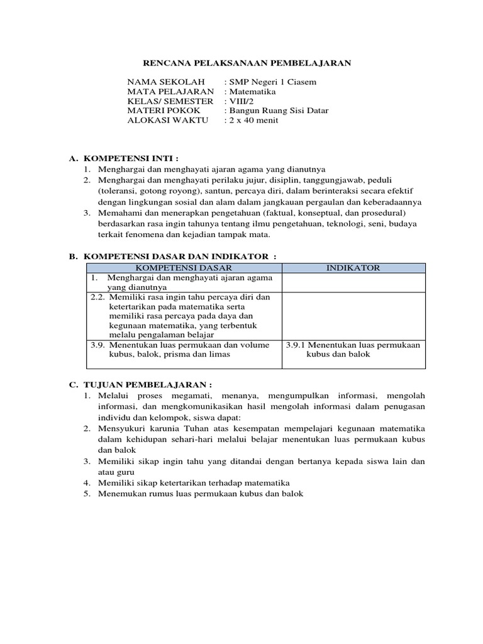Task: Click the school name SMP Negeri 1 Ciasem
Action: (272, 82)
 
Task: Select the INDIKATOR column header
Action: (353, 268)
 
